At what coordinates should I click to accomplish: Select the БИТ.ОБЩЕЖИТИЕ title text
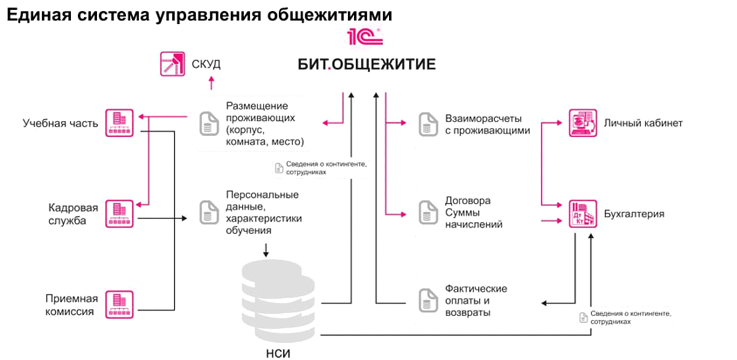click(x=367, y=65)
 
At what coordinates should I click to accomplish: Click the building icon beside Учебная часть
click(x=119, y=123)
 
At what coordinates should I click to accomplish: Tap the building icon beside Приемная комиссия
click(x=119, y=304)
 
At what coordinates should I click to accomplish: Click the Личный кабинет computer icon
click(x=583, y=123)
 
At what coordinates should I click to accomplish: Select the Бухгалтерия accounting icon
click(x=583, y=214)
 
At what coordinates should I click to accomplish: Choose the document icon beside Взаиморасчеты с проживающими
click(x=428, y=124)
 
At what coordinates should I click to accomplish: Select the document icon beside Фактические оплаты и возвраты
click(x=428, y=300)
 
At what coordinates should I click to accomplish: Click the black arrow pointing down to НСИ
click(x=265, y=249)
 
